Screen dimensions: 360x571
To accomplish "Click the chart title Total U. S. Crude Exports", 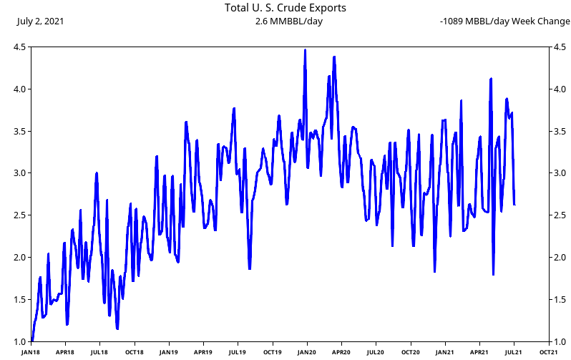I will [285, 8].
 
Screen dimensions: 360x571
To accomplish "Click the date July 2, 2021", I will [40, 21].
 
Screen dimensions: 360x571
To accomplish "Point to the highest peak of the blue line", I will [305, 50].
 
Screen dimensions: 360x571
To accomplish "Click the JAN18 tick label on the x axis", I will [31, 352].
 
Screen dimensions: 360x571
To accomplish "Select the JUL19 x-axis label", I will [238, 352].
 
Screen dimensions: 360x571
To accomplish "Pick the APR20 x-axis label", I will [341, 352].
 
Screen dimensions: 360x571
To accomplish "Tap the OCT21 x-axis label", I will [549, 352].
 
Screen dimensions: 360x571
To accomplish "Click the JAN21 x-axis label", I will [445, 352].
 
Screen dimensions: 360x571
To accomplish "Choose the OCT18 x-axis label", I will [134, 352].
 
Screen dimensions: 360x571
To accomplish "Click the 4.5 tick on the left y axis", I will [21, 47].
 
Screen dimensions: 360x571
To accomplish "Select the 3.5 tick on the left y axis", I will [21, 132].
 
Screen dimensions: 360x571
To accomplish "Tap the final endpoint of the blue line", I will [514, 205].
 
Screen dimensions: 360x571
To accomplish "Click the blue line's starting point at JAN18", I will [32, 340].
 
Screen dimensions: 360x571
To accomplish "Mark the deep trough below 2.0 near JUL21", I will [493, 274].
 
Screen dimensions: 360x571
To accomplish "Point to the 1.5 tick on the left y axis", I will [21, 300].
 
